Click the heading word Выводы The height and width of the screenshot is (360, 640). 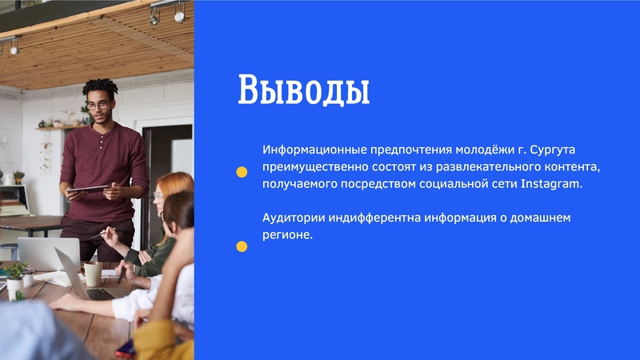303,90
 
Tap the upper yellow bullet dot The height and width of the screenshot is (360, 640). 242,171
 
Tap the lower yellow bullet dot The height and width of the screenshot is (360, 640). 242,246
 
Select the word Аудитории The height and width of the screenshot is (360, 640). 291,218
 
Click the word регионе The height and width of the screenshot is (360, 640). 286,235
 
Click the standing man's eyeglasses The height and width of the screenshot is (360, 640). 98,105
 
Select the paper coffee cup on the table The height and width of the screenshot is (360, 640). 93,274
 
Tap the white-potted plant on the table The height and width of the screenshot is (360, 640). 15,278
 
